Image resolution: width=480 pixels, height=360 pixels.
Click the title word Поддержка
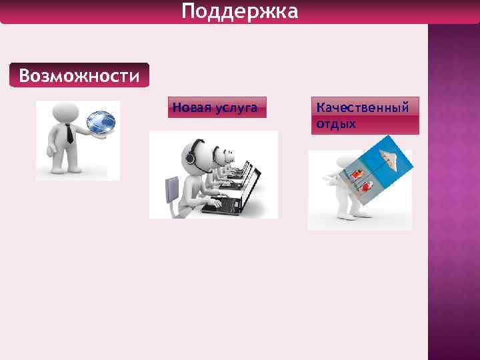[239, 12]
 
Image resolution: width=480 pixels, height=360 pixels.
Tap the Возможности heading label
[79, 75]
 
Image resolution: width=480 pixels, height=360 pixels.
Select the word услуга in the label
[236, 107]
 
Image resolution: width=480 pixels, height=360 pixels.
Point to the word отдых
[336, 124]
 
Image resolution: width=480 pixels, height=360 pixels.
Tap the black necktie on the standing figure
[69, 134]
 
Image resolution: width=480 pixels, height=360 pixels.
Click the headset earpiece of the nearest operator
[190, 159]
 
